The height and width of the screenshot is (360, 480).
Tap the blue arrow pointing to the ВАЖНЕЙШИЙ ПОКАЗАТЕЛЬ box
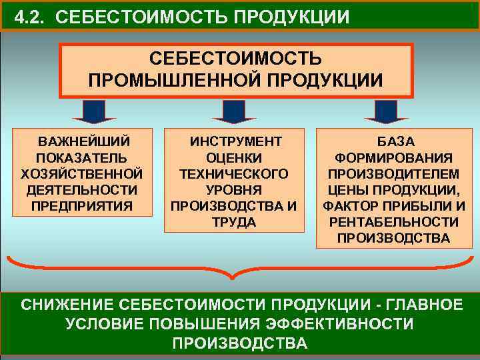(95, 111)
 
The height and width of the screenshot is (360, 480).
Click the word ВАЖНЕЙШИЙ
(84, 142)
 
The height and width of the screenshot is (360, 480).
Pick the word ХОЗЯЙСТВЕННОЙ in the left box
(83, 173)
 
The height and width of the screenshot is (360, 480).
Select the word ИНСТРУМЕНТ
(236, 142)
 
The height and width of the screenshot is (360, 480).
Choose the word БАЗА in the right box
(395, 142)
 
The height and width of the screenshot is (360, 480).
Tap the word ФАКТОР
(349, 205)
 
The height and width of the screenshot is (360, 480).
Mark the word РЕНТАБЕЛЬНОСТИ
(394, 221)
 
